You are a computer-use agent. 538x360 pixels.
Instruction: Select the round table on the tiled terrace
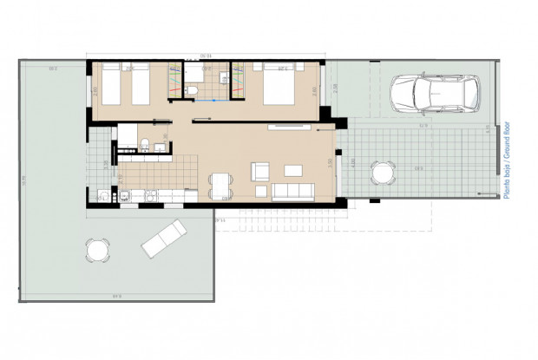point(381,173)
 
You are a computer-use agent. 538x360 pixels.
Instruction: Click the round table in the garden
point(97,252)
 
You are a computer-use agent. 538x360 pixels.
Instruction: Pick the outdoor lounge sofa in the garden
point(164,238)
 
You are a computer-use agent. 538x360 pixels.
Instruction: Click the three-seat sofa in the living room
point(292,190)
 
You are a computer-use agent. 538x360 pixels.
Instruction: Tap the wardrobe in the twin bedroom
point(176,77)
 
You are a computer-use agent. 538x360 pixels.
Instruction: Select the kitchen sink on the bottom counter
point(104,195)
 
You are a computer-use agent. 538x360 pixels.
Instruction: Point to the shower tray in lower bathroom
point(127,135)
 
